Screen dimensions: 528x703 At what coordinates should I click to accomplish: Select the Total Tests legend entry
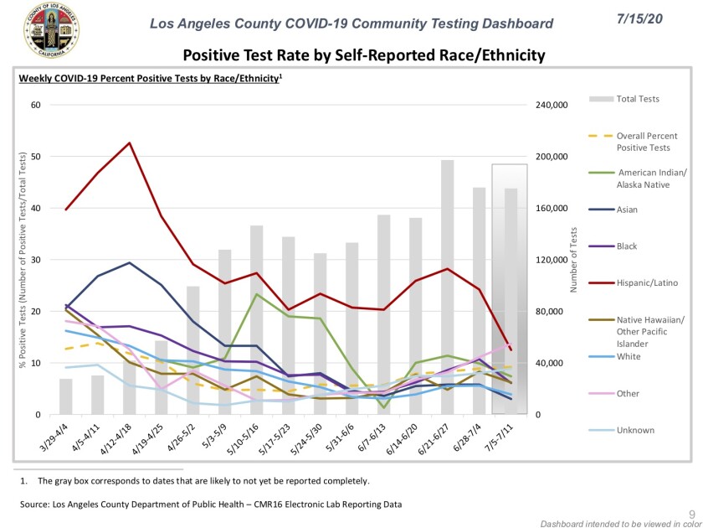click(638, 99)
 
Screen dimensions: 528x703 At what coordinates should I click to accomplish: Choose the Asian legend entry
click(629, 210)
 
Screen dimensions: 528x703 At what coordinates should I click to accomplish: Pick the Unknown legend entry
click(635, 430)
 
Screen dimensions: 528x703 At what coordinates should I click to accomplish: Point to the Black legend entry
click(628, 246)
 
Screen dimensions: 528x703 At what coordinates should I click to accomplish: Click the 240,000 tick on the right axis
click(552, 106)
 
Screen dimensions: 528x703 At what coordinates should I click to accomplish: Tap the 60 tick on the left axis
click(34, 106)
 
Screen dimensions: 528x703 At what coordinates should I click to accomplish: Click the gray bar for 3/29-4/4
click(65, 396)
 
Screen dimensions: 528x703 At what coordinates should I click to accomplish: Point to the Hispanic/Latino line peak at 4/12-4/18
click(129, 142)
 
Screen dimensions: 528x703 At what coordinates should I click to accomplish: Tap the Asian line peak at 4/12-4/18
click(129, 263)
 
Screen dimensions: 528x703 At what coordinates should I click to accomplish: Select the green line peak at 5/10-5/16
click(256, 294)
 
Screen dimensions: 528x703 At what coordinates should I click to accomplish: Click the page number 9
click(691, 512)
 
